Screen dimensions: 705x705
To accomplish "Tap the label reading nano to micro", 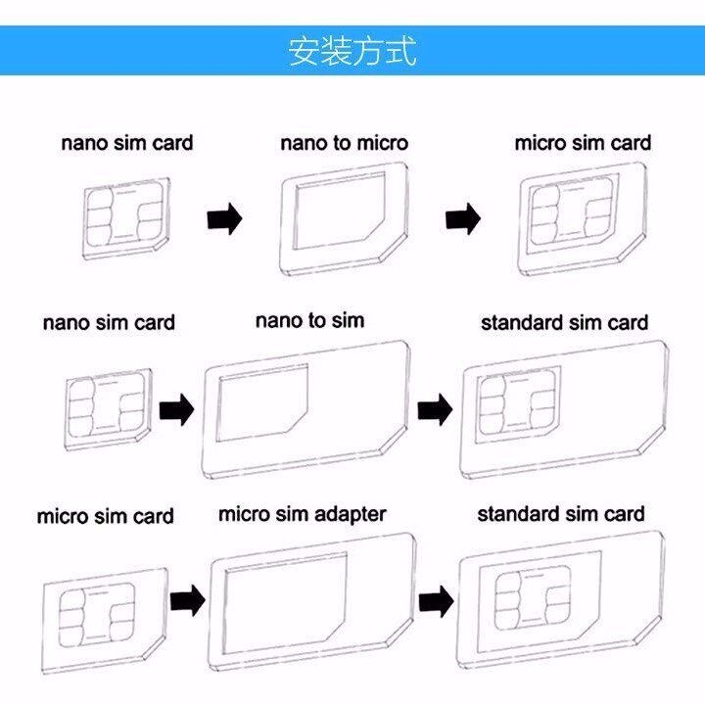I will coord(344,143).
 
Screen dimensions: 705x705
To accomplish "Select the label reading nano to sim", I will coord(309,320).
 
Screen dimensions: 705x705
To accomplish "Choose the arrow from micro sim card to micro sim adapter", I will coord(186,598).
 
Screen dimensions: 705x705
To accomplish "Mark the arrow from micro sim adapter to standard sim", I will coord(434,598).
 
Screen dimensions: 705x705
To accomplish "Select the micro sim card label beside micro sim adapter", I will coord(105,516).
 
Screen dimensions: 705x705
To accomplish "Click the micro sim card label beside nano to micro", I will coord(583,143).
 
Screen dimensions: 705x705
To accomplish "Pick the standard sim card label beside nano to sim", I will coord(564,322).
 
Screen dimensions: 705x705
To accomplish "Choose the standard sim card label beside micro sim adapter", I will coord(561,514).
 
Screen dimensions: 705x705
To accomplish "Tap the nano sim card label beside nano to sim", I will coord(109,322).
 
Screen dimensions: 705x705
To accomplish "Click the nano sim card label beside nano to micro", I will coord(127,143).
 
